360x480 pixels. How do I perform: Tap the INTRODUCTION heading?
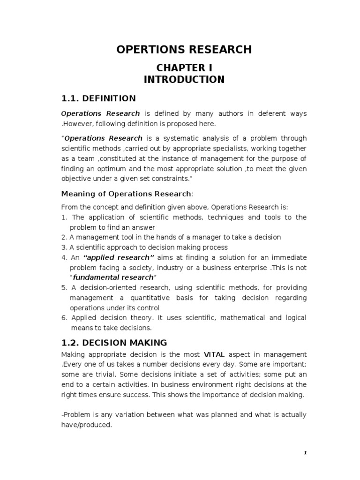[x=184, y=79]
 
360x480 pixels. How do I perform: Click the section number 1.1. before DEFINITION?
[x=71, y=98]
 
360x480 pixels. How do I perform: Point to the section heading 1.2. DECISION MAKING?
[x=114, y=343]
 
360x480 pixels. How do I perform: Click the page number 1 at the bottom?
[x=305, y=452]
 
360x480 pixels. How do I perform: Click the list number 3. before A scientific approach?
[x=64, y=247]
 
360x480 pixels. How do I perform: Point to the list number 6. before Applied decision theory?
[x=64, y=318]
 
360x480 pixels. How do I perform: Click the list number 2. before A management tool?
[x=64, y=237]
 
